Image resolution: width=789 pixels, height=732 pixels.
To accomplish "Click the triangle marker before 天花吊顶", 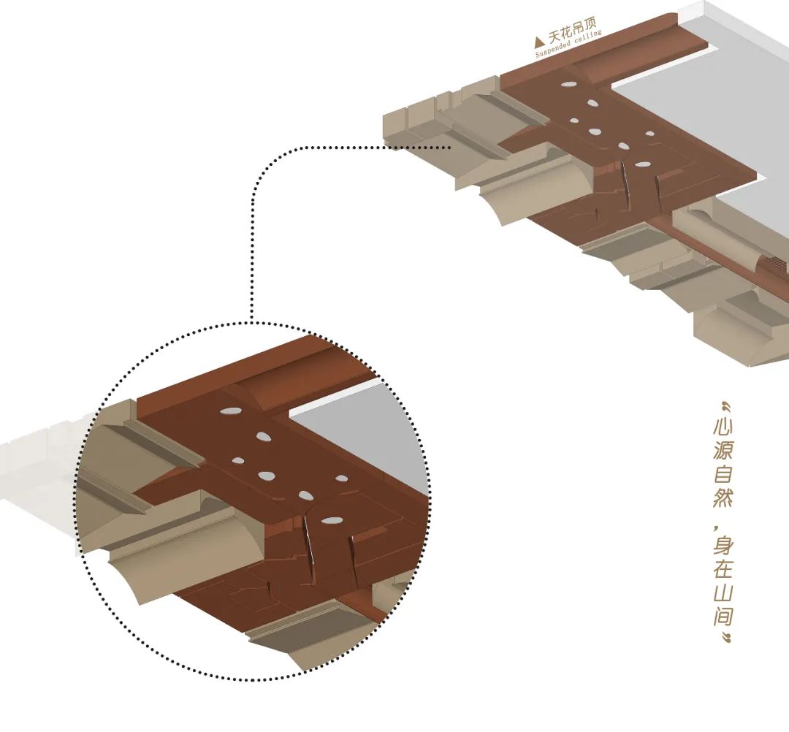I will pyautogui.click(x=540, y=42).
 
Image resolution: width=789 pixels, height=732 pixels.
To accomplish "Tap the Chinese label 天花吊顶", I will pyautogui.click(x=571, y=34).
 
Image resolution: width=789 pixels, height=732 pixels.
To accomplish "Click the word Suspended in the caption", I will pyautogui.click(x=554, y=49).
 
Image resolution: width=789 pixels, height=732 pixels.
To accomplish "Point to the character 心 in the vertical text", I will pyautogui.click(x=723, y=427).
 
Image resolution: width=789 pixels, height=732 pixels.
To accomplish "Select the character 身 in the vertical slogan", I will pyautogui.click(x=723, y=545).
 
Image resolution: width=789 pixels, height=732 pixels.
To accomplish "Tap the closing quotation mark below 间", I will pyautogui.click(x=724, y=639).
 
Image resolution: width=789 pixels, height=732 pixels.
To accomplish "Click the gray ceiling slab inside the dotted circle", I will pyautogui.click(x=365, y=431).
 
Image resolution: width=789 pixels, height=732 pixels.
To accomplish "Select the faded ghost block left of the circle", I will pyautogui.click(x=37, y=468).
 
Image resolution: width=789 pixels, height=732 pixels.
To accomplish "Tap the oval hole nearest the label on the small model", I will pyautogui.click(x=567, y=85).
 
